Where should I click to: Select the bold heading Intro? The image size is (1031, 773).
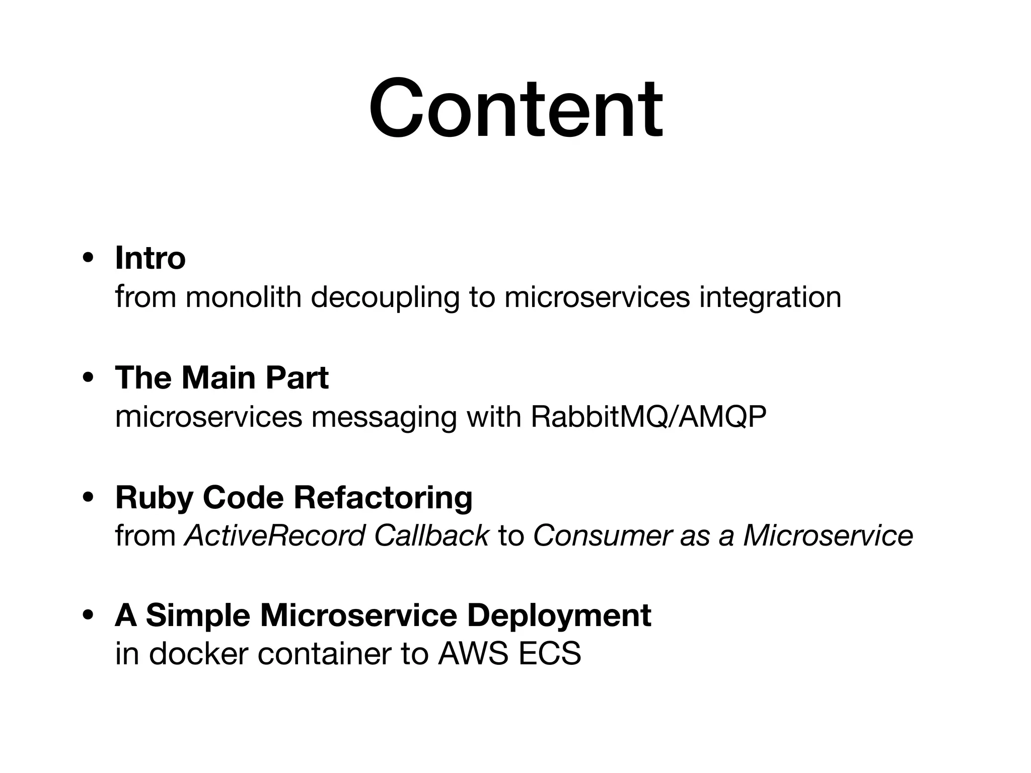point(150,258)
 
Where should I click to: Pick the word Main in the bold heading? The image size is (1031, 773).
point(219,377)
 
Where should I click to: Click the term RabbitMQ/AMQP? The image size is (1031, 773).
point(648,417)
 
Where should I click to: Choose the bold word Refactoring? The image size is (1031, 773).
point(383,497)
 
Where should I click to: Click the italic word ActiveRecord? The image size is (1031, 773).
point(274,535)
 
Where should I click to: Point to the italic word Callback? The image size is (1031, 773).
point(431,535)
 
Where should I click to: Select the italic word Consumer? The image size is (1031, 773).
point(602,535)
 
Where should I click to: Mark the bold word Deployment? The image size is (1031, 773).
point(559,616)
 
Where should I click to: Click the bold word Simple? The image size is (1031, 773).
point(197,616)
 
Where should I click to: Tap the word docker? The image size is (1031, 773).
point(198,654)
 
